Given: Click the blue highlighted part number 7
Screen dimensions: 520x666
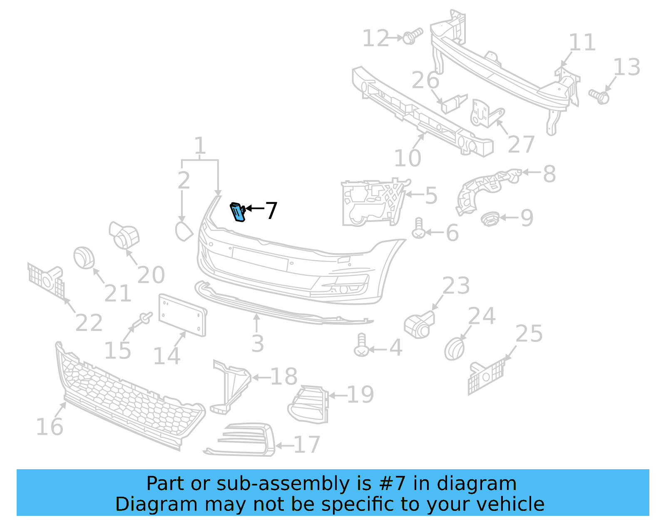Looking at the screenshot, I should [x=238, y=212].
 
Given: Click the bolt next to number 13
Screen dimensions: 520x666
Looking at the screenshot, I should [x=599, y=96].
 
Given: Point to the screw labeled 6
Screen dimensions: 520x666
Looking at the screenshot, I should [x=418, y=229].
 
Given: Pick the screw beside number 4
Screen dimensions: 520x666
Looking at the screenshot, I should [x=361, y=345].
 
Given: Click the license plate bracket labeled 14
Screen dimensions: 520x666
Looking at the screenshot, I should [x=182, y=315].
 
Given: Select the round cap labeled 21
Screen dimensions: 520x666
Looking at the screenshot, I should [x=84, y=257].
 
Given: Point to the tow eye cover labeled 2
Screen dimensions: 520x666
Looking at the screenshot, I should [x=184, y=231].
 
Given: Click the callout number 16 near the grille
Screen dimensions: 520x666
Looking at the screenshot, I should [x=50, y=427].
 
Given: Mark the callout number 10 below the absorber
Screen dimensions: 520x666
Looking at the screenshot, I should [x=408, y=158].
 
